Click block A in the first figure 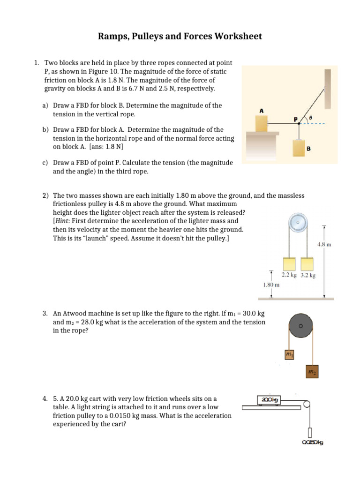(x=262, y=123)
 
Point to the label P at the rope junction (x=296, y=120)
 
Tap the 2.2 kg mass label (x=289, y=275)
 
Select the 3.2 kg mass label (x=307, y=275)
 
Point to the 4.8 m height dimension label (x=324, y=244)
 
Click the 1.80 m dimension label (x=271, y=284)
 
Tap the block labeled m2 (x=312, y=372)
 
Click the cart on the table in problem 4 (x=269, y=399)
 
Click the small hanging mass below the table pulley (x=310, y=432)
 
